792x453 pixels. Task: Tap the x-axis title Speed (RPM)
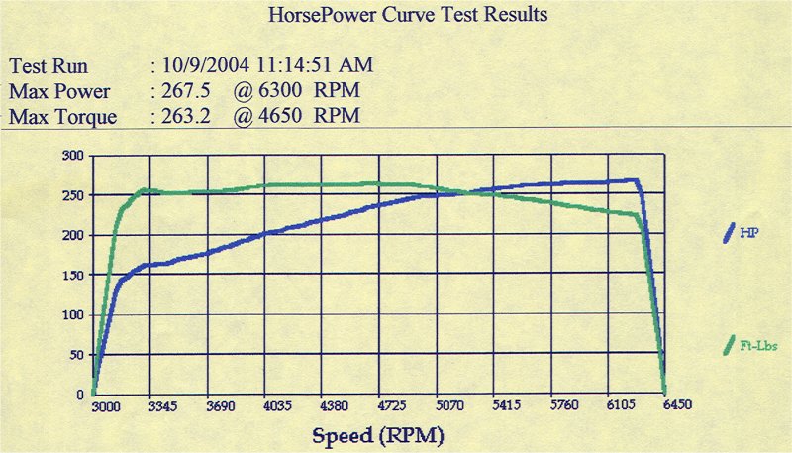(379, 435)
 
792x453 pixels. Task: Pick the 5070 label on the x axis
(448, 406)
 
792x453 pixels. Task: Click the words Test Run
(49, 67)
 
